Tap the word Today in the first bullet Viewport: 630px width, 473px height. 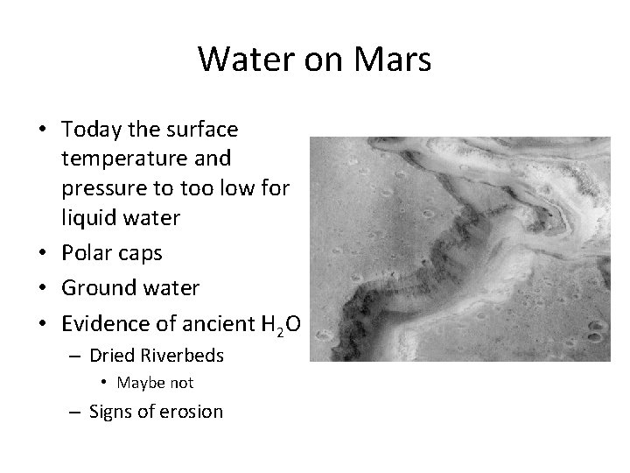tap(93, 130)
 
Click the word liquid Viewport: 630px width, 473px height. tap(87, 217)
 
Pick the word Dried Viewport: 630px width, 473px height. tap(112, 356)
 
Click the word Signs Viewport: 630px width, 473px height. tap(111, 411)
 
